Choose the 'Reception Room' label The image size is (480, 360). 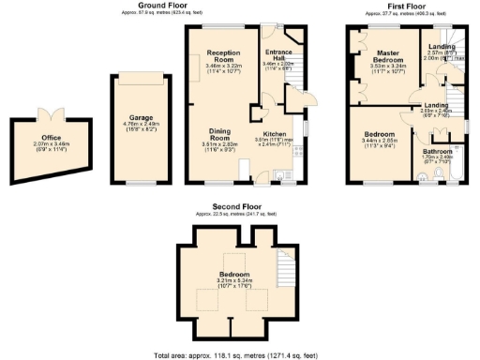[223, 56]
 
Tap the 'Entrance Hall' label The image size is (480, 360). [278, 54]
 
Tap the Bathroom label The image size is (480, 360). [438, 151]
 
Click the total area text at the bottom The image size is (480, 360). [239, 355]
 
